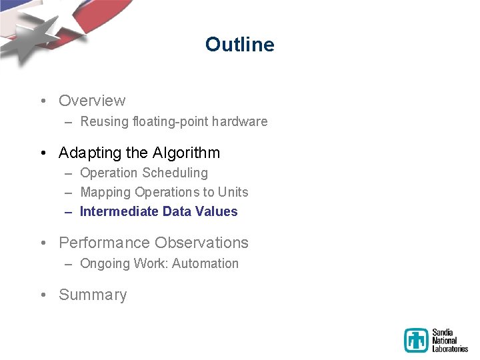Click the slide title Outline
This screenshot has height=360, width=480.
(x=239, y=45)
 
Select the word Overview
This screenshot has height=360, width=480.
(x=92, y=101)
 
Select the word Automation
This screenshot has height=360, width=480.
(x=206, y=263)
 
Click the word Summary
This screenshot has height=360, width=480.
(x=93, y=295)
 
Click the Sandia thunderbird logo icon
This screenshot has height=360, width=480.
(x=416, y=340)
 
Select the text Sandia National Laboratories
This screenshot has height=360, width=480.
(x=449, y=340)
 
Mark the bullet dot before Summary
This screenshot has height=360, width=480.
(x=43, y=295)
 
